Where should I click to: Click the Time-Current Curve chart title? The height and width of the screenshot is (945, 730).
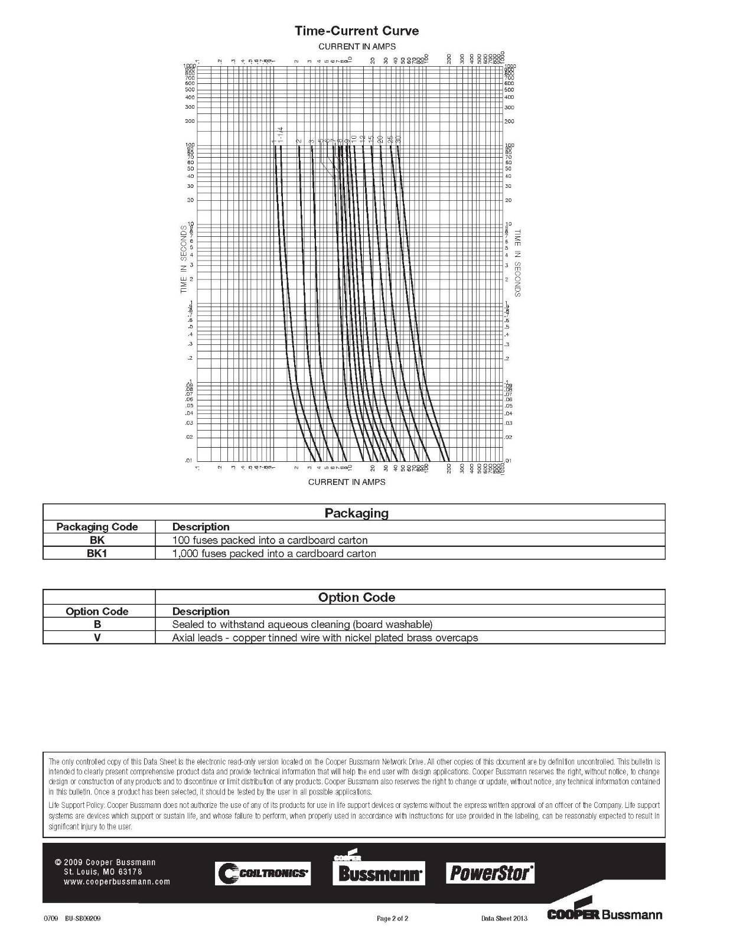pyautogui.click(x=357, y=31)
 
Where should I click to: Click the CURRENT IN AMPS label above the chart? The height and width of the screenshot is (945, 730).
pyautogui.click(x=357, y=46)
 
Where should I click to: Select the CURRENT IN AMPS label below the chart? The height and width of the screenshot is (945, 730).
pyautogui.click(x=347, y=482)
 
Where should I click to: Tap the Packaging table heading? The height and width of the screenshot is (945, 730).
pyautogui.click(x=356, y=513)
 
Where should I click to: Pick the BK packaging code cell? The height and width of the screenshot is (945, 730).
pyautogui.click(x=97, y=540)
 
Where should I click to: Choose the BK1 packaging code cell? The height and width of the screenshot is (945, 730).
pyautogui.click(x=97, y=553)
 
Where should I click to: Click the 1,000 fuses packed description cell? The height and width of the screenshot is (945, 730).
pyautogui.click(x=274, y=553)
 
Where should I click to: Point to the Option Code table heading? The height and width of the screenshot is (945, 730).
pyautogui.click(x=356, y=597)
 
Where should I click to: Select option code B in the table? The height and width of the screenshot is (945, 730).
pyautogui.click(x=97, y=624)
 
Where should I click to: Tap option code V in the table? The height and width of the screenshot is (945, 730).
pyautogui.click(x=97, y=638)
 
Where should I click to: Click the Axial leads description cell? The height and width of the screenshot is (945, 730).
pyautogui.click(x=325, y=638)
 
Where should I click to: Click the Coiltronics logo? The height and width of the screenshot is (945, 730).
pyautogui.click(x=263, y=873)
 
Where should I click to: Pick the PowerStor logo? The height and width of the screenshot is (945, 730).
pyautogui.click(x=490, y=872)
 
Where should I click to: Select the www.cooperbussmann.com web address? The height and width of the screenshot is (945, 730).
pyautogui.click(x=116, y=882)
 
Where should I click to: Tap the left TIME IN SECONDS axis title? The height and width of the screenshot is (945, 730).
pyautogui.click(x=184, y=259)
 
